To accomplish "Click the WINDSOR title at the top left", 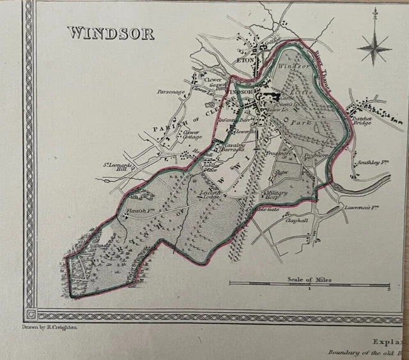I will pyautogui.click(x=111, y=33).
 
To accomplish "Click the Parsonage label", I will pyautogui.click(x=171, y=91).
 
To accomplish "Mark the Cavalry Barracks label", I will pyautogui.click(x=236, y=148).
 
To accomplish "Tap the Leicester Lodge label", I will pyautogui.click(x=210, y=193).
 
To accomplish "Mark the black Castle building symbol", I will pyautogui.click(x=275, y=98).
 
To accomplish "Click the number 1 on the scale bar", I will pyautogui.click(x=310, y=289).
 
